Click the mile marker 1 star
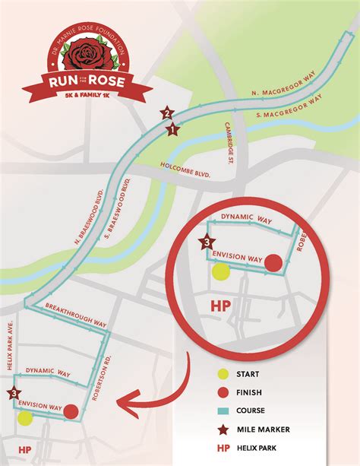pyautogui.click(x=172, y=129)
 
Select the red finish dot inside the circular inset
pyautogui.click(x=274, y=263)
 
